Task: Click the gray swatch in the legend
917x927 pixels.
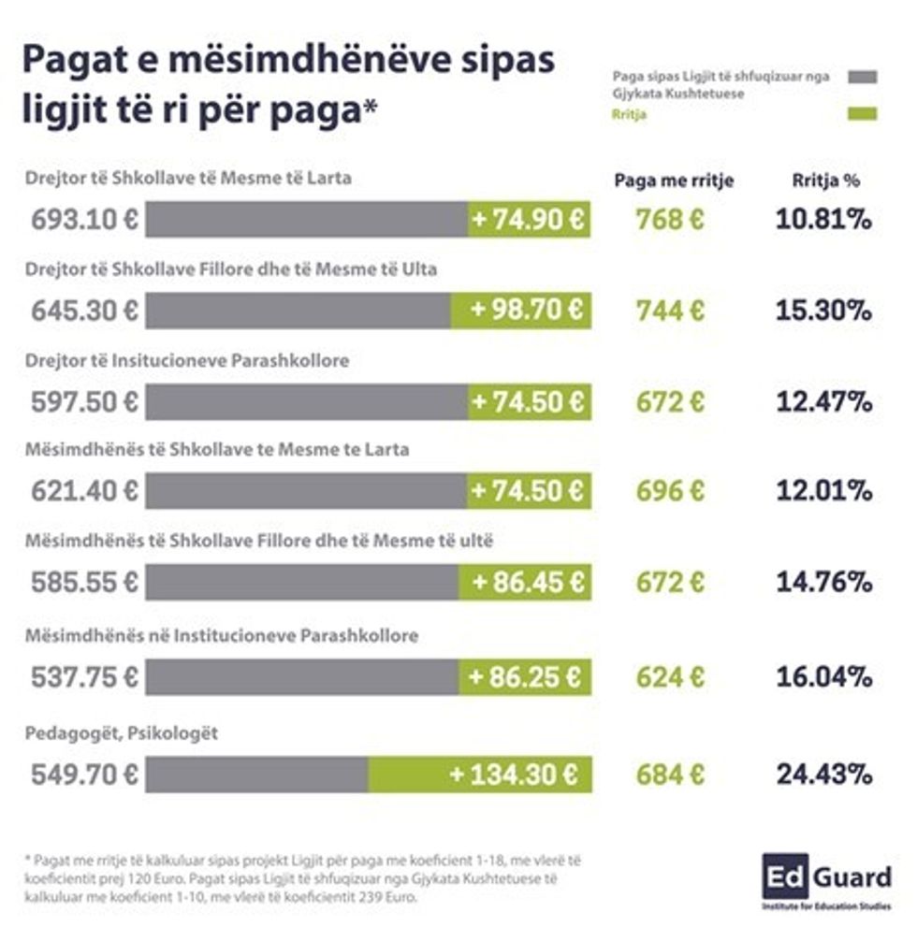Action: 862,76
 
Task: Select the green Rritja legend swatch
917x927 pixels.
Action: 862,114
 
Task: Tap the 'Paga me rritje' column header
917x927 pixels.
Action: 674,181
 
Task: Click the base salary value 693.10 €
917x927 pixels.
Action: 84,220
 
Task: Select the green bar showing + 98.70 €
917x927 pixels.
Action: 520,311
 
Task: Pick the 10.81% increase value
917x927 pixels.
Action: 823,220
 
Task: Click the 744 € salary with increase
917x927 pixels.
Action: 670,311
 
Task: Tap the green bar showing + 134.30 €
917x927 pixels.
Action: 480,775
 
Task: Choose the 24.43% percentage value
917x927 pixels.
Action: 823,775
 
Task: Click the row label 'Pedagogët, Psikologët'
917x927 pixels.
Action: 122,733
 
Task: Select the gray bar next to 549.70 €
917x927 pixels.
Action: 256,775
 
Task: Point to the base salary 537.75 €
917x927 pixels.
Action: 84,677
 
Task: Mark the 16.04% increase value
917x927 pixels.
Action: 823,677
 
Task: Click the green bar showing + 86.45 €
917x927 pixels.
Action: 524,582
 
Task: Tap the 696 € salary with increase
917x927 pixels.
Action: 670,491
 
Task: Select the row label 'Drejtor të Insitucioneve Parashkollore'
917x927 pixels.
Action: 188,359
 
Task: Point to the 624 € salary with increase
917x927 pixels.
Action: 670,677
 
